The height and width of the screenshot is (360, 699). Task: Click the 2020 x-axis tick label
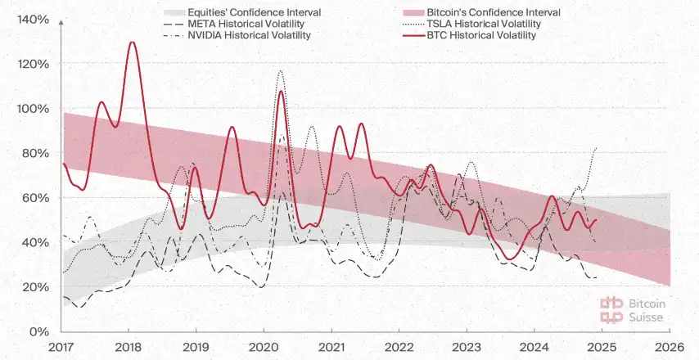click(x=263, y=346)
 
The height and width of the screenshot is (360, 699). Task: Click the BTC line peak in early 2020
click(x=281, y=91)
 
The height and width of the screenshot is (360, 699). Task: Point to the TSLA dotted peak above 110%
click(x=281, y=71)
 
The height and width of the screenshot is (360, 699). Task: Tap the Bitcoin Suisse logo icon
click(x=611, y=308)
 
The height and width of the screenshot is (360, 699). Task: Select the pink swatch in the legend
click(x=415, y=13)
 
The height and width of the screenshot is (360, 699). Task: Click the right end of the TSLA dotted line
click(x=597, y=148)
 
